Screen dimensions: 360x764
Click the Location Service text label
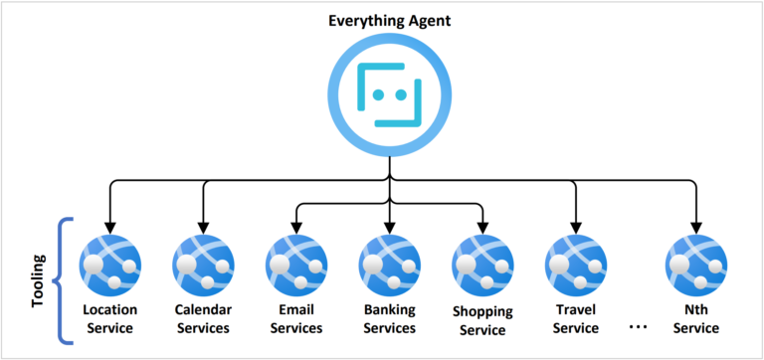109,318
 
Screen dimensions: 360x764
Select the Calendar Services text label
203,318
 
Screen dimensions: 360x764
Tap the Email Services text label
296,318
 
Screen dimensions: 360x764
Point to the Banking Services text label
389,318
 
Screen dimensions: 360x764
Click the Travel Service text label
576,318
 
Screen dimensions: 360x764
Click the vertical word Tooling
39,281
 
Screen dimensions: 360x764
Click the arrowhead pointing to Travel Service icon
576,224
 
